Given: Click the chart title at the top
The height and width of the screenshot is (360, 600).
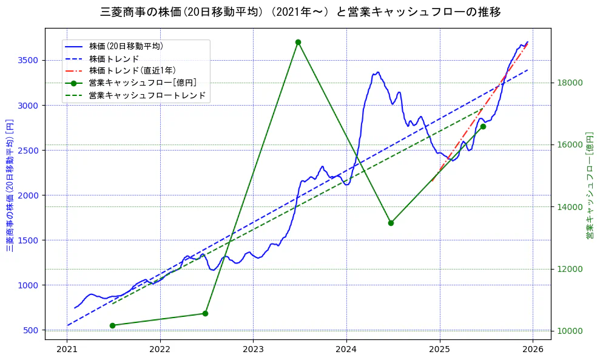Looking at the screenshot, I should click(300, 12).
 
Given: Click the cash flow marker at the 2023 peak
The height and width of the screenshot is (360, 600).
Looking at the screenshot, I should click(298, 42).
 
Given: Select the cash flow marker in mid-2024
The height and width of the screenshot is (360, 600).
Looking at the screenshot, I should click(391, 223).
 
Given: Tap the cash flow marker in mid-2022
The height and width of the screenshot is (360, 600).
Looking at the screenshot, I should click(205, 313).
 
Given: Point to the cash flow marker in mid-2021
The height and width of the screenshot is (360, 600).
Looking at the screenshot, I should click(112, 325).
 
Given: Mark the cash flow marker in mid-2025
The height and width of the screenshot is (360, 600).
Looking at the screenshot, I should click(483, 126).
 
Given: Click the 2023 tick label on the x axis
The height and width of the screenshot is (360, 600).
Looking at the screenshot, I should click(253, 350).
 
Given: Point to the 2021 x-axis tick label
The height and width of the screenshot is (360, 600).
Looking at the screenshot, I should click(67, 350).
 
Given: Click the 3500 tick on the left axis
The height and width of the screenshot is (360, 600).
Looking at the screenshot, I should click(28, 60).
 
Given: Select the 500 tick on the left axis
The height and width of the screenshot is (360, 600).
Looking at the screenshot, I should click(30, 330).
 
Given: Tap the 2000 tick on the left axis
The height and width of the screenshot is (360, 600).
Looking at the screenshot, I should click(28, 195).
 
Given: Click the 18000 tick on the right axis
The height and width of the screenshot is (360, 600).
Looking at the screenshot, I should click(570, 83).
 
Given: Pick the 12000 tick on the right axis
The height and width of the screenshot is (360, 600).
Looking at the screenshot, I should click(570, 269).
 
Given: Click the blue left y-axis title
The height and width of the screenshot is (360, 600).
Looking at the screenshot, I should click(10, 186).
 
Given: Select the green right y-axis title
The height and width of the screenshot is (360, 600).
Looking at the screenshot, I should click(589, 186).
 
